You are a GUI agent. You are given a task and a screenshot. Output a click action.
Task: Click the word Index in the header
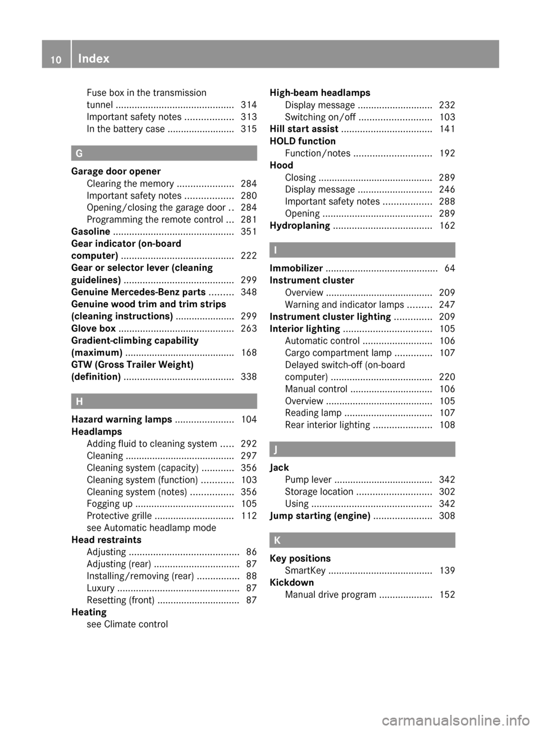94,58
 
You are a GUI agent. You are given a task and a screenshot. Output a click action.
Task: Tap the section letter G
79,153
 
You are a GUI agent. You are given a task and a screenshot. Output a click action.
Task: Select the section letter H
79,401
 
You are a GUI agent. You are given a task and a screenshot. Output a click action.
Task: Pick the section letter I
276,250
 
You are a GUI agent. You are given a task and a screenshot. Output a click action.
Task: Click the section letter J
277,450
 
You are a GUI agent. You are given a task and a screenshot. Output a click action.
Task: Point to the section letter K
277,540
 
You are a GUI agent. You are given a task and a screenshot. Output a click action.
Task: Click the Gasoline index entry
91,232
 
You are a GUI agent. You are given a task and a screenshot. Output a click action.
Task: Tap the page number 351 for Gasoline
248,232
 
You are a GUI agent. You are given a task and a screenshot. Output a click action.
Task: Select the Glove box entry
94,329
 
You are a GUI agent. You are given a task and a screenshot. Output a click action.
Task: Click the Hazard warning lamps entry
122,419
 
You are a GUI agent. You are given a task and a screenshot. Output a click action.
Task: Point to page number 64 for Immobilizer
449,269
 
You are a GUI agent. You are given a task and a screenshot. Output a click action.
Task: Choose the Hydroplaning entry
300,225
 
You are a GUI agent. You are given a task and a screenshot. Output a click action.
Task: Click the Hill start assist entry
304,129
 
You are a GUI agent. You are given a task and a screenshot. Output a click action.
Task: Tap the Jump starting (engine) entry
319,516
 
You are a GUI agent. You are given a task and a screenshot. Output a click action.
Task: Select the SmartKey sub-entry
305,571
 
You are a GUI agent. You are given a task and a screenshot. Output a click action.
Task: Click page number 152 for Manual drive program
447,595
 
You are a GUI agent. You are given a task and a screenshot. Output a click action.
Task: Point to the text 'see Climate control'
127,624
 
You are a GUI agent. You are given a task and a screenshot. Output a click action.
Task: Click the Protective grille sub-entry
119,516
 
